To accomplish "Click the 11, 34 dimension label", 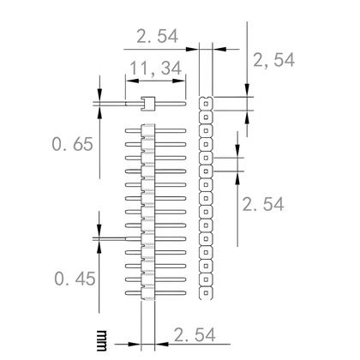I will point(155,68).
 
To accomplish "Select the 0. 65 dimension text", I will point(72,145).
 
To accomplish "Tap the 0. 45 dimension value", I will point(72,278).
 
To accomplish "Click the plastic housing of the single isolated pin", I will point(147,105).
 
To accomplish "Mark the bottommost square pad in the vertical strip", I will point(207,292).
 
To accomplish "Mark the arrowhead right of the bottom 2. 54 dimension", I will point(159,345).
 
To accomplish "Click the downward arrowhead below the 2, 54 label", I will point(247,93).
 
